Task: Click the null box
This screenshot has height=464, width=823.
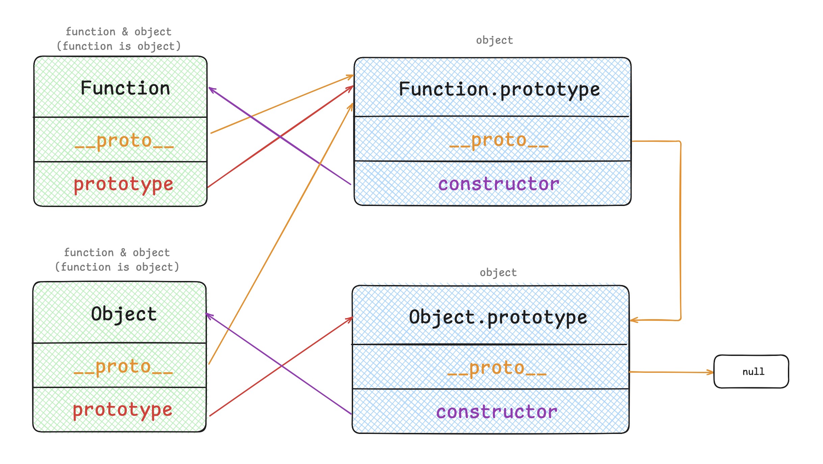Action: pyautogui.click(x=751, y=371)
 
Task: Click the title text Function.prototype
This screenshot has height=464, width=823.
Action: pyautogui.click(x=499, y=89)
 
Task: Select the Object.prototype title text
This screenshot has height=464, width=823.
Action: pyautogui.click(x=498, y=317)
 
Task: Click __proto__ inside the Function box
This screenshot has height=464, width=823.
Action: pyautogui.click(x=124, y=141)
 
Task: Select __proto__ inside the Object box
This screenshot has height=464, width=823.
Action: pyautogui.click(x=123, y=367)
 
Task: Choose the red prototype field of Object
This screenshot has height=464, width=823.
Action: pyautogui.click(x=123, y=410)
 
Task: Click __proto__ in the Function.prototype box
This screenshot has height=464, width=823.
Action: pyautogui.click(x=499, y=140)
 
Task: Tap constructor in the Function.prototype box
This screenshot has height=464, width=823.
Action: pyautogui.click(x=499, y=184)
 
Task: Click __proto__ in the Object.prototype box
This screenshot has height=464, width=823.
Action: pyautogui.click(x=497, y=368)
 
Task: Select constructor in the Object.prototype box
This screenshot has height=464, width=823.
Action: pyautogui.click(x=497, y=412)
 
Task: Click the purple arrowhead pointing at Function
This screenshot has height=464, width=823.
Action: pyautogui.click(x=211, y=89)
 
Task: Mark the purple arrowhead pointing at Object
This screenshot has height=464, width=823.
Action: pyautogui.click(x=208, y=315)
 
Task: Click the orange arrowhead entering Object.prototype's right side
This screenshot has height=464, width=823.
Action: pyautogui.click(x=633, y=320)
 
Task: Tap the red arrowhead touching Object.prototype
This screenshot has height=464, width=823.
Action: pyautogui.click(x=350, y=318)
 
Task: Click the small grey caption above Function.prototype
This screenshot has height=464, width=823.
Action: pyautogui.click(x=494, y=40)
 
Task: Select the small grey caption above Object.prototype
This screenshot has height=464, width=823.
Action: pyautogui.click(x=498, y=273)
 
